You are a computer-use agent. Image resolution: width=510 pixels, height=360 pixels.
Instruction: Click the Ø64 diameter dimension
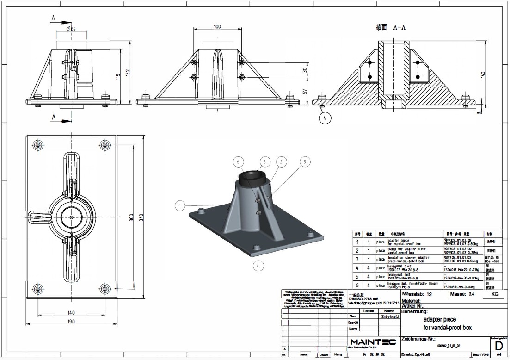(71, 29)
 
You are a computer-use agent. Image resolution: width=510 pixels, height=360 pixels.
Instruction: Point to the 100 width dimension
(217, 26)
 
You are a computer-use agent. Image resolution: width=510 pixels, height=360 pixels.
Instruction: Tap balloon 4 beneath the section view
(325, 118)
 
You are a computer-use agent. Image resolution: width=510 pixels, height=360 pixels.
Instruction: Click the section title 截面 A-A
(391, 28)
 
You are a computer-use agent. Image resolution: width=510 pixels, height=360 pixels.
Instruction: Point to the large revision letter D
(498, 345)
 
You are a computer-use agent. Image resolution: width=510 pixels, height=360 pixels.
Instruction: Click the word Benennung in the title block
(415, 311)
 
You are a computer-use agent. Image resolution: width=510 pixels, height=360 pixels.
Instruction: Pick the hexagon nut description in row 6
(413, 285)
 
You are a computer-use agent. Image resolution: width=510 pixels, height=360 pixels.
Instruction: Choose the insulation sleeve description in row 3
(413, 259)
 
